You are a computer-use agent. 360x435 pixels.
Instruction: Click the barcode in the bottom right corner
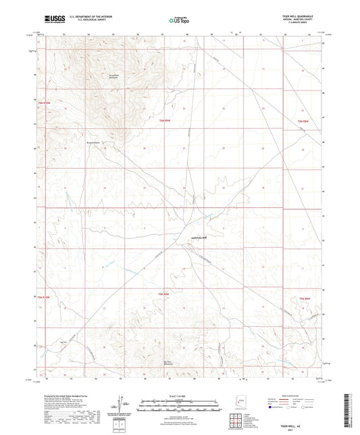351,413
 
